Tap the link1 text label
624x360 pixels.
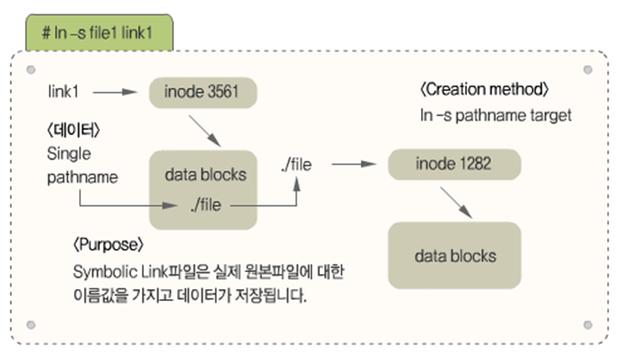tap(64, 92)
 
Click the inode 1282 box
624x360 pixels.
tap(453, 164)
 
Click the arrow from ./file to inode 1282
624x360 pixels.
tap(354, 164)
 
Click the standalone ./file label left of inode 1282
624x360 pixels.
tap(295, 164)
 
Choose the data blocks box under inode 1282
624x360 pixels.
tap(455, 256)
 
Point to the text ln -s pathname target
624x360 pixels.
tap(495, 115)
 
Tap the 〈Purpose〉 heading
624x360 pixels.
tap(107, 242)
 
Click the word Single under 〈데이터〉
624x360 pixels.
tap(69, 153)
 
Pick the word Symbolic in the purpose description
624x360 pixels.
tap(99, 272)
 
